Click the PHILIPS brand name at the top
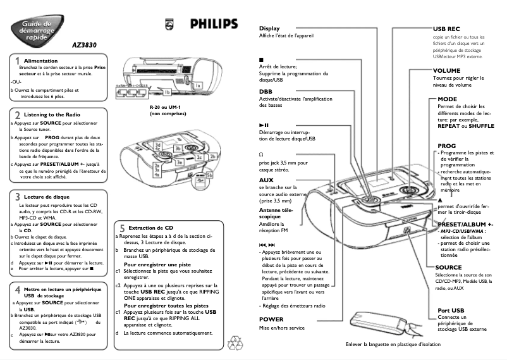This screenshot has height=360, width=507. (214, 23)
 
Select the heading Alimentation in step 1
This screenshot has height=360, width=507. (41, 60)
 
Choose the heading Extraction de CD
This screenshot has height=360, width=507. (150, 227)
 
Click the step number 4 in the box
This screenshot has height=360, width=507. (17, 290)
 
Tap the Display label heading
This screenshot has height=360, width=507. (269, 28)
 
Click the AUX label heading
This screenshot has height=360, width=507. (266, 180)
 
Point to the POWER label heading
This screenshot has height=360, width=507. (271, 320)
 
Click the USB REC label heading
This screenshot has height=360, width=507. (446, 29)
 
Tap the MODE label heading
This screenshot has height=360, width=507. (447, 99)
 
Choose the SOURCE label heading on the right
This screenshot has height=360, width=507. (448, 267)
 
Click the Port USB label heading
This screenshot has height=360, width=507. (451, 310)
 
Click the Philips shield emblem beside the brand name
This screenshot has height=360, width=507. (168, 23)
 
